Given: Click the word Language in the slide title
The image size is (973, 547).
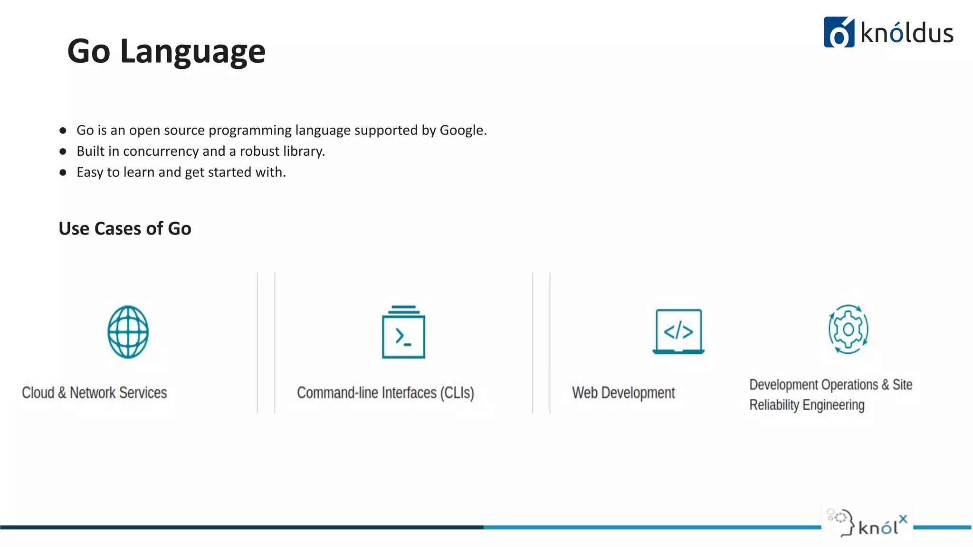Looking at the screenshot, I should (x=192, y=51).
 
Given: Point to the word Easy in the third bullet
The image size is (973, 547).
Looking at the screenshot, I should (x=90, y=172).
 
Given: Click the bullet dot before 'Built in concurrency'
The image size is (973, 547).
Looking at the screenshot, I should (x=63, y=151).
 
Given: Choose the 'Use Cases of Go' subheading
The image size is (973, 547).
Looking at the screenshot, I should (x=125, y=228).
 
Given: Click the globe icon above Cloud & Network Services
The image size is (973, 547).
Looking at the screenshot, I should (x=128, y=332).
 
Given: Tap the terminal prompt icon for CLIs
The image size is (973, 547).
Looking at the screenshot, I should (x=403, y=332).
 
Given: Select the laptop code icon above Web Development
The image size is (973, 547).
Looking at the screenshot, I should (x=678, y=331).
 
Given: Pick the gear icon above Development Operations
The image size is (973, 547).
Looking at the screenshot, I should (x=848, y=329).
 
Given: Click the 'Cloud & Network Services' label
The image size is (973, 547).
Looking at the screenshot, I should (x=95, y=393).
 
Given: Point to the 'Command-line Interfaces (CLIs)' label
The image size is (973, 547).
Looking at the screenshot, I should (x=385, y=393).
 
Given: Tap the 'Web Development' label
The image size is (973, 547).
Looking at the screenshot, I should (x=623, y=393).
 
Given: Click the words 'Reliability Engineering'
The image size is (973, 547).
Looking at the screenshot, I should (x=807, y=405).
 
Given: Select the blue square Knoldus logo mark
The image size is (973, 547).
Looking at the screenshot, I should (x=839, y=32).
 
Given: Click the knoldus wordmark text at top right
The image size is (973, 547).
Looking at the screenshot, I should (x=907, y=33).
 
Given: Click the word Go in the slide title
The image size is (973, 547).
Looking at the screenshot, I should (x=89, y=51).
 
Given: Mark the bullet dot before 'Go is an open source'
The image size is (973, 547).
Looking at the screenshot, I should (x=63, y=131).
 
